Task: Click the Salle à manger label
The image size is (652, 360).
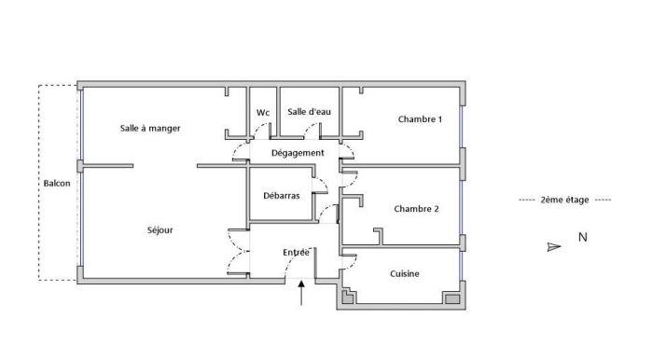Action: point(150,128)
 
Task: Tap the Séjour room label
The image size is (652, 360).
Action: point(160,229)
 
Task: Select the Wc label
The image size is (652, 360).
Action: point(263,113)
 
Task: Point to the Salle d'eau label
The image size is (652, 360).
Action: point(309,112)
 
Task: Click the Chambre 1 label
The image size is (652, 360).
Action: point(420,119)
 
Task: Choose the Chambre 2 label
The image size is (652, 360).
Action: point(416,209)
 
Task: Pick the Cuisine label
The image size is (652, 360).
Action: point(405,273)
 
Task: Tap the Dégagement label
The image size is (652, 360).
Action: point(298,152)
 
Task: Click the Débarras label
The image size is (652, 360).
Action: point(282,196)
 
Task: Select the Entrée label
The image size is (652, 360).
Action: point(296,253)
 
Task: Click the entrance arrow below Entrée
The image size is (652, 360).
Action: point(300,294)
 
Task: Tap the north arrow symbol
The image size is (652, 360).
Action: point(553,246)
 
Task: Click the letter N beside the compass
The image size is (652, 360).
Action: point(582,238)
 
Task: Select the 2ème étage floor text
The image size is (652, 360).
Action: point(564,201)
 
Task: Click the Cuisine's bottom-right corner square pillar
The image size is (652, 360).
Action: point(453,299)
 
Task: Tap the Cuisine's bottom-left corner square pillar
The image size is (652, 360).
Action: point(348,298)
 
